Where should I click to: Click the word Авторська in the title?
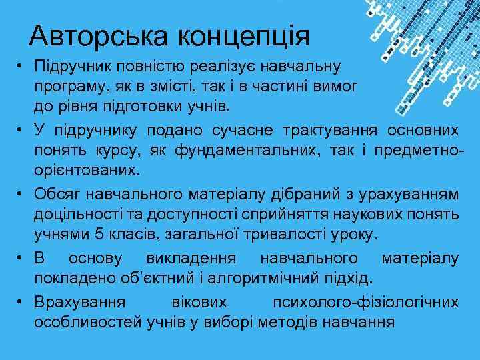pyautogui.click(x=93, y=35)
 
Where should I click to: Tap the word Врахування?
pyautogui.click(x=79, y=302)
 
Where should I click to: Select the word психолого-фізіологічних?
pyautogui.click(x=365, y=302)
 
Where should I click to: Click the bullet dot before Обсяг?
pyautogui.click(x=22, y=193)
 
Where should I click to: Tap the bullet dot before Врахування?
pyautogui.click(x=22, y=302)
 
